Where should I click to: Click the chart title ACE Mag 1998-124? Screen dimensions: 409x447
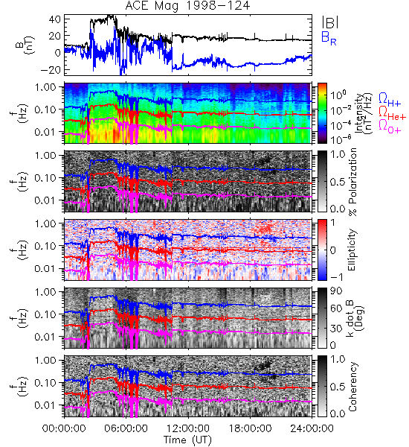coord(187,6)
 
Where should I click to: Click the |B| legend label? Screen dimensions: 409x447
coord(329,22)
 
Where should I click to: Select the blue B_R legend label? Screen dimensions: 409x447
coord(329,39)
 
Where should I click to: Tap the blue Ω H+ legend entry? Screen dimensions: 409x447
coord(390,100)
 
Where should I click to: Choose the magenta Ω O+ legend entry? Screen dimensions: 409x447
coord(390,126)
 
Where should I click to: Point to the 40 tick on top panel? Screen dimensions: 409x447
coord(54,19)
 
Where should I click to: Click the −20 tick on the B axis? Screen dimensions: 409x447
coord(51,70)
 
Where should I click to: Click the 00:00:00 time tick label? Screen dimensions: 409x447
coord(64,428)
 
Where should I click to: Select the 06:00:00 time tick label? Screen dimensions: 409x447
coord(126,428)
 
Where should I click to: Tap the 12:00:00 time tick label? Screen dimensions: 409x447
coord(188,428)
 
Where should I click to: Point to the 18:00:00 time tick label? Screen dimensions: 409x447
coord(250,428)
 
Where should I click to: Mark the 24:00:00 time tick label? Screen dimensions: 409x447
coord(312,428)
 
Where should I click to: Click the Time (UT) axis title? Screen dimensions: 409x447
coord(187,440)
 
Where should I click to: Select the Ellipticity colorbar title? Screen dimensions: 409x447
coord(352,250)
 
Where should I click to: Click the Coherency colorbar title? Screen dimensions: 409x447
coord(352,387)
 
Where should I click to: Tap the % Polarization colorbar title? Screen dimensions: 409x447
coord(352,183)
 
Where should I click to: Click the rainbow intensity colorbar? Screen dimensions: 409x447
coord(322,113)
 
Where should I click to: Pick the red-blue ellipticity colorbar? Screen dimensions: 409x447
coord(322,250)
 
